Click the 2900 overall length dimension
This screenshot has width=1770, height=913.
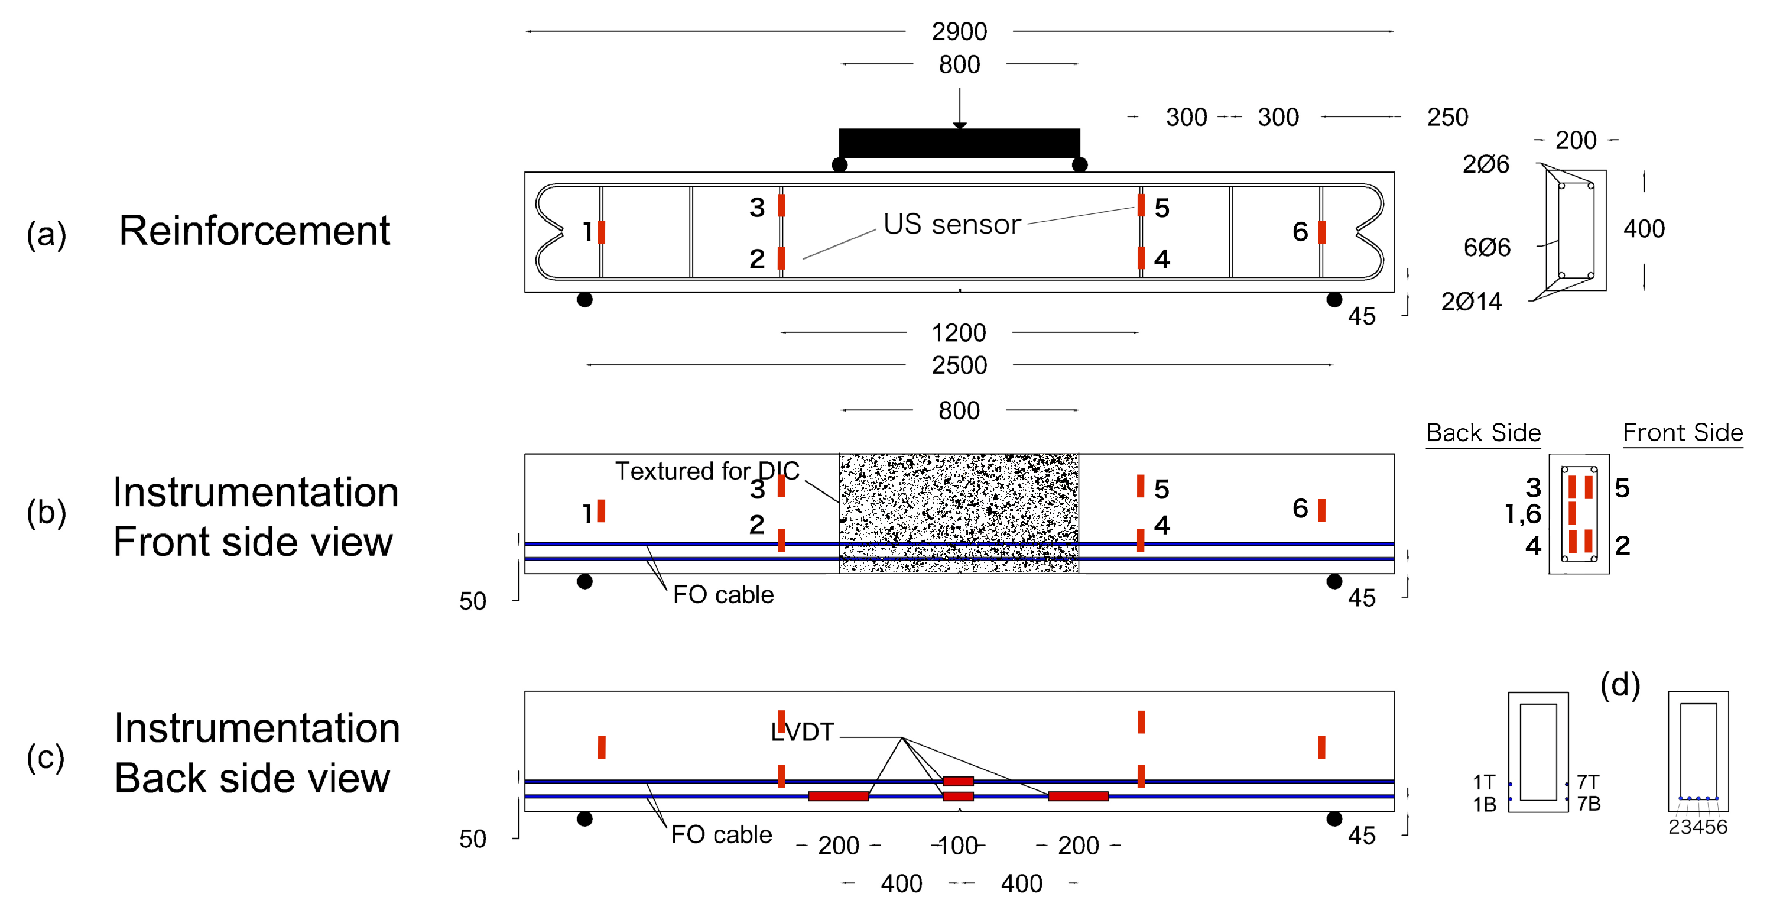pyautogui.click(x=959, y=31)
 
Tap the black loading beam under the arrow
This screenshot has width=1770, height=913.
pyautogui.click(x=959, y=143)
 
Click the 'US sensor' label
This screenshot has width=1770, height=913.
pyautogui.click(x=951, y=224)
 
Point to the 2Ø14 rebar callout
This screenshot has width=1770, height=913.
pyautogui.click(x=1471, y=301)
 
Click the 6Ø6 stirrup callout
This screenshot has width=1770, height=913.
pyautogui.click(x=1486, y=247)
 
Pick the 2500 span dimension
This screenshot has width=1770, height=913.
pyautogui.click(x=959, y=365)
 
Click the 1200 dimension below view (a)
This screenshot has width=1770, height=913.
pyautogui.click(x=959, y=333)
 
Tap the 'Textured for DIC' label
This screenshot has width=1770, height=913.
pyautogui.click(x=706, y=471)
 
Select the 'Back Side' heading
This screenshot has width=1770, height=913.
pyautogui.click(x=1483, y=432)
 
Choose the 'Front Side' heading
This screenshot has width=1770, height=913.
pyautogui.click(x=1682, y=432)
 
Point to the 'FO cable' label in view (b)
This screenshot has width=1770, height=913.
pyautogui.click(x=723, y=595)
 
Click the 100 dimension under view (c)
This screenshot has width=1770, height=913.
pyautogui.click(x=958, y=845)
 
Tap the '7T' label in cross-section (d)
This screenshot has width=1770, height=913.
pyautogui.click(x=1588, y=782)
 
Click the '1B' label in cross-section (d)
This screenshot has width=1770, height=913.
pyautogui.click(x=1484, y=804)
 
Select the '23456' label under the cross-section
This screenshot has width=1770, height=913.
pyautogui.click(x=1697, y=827)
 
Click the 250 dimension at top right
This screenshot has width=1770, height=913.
pyautogui.click(x=1447, y=118)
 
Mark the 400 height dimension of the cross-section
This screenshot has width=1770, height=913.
pyautogui.click(x=1644, y=229)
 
